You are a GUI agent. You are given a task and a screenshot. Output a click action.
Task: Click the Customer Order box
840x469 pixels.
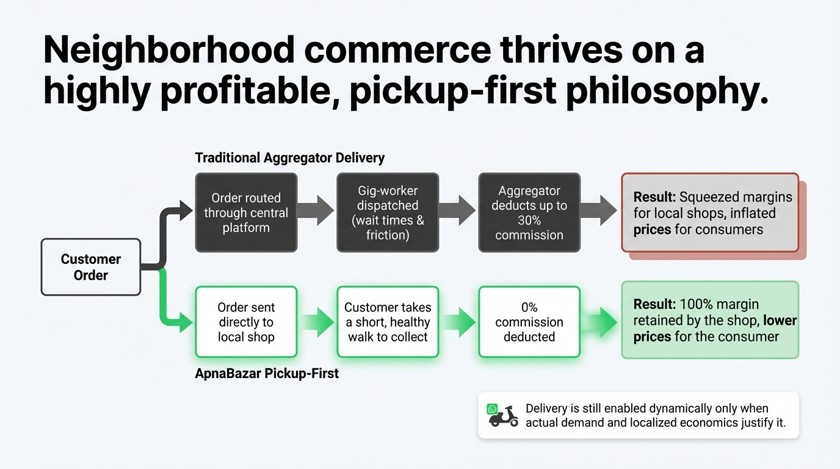click(x=91, y=267)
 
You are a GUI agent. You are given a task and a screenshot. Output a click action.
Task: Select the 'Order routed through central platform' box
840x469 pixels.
click(x=246, y=213)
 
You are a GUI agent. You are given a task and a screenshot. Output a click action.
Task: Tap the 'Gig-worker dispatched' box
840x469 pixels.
click(x=388, y=213)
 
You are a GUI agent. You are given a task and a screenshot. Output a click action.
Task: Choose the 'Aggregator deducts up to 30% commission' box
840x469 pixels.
click(x=529, y=213)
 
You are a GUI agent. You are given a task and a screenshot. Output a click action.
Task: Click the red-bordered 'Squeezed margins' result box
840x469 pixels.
click(x=710, y=213)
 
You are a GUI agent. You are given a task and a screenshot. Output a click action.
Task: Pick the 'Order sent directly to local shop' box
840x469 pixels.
click(x=246, y=322)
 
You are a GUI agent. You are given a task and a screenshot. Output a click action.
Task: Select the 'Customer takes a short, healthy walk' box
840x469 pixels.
click(x=388, y=322)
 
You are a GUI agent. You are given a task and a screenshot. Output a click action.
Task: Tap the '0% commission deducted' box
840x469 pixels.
click(x=529, y=322)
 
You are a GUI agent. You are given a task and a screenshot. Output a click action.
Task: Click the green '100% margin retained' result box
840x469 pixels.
click(x=710, y=320)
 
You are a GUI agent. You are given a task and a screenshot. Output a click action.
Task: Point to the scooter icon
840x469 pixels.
click(x=504, y=416)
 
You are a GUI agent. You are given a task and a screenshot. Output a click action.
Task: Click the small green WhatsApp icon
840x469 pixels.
click(x=492, y=409)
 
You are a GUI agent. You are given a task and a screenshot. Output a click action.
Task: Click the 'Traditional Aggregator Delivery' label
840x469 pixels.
click(x=289, y=158)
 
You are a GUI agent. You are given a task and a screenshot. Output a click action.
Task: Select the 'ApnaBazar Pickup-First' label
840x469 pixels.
click(x=267, y=373)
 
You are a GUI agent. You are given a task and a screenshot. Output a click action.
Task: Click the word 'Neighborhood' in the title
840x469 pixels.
click(x=169, y=51)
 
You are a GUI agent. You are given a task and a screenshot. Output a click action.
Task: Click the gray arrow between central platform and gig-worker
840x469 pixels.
click(x=315, y=210)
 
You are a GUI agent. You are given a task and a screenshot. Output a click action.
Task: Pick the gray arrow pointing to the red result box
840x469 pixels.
click(x=598, y=210)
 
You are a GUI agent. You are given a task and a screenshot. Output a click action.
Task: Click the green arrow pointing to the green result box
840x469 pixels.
click(x=599, y=322)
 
